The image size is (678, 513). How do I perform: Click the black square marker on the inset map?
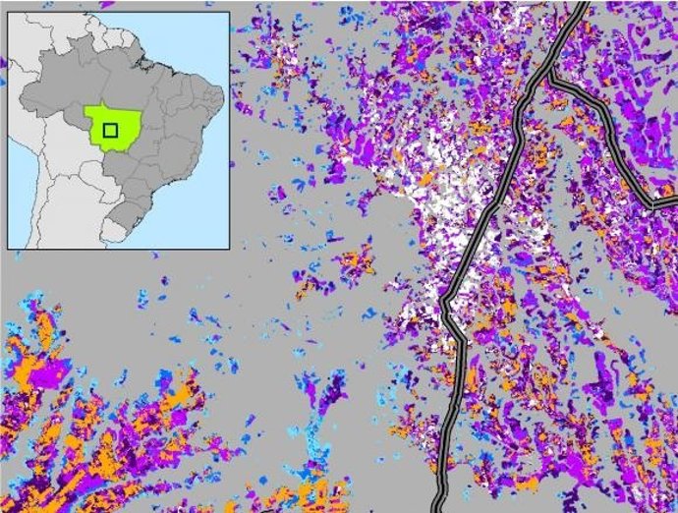click(x=111, y=129)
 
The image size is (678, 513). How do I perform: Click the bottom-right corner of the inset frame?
click(x=229, y=248)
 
